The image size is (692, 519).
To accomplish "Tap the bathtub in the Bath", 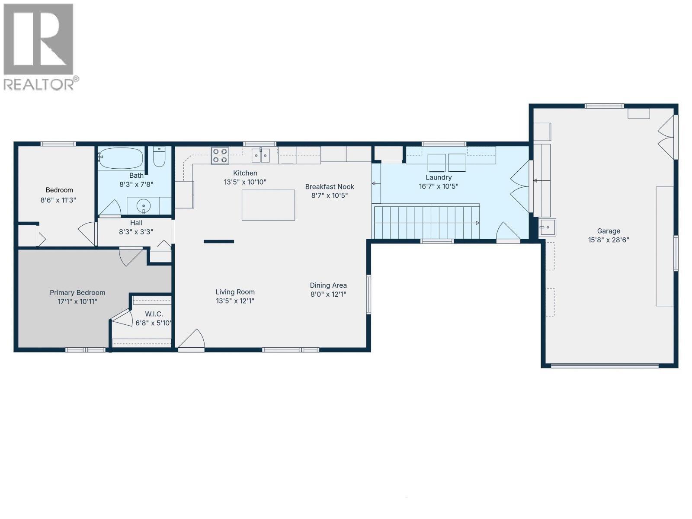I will tap(121, 158).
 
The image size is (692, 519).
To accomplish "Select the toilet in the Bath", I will tap(159, 157).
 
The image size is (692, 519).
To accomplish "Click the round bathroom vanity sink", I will tap(144, 205).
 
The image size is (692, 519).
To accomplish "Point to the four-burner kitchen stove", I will tap(220, 156).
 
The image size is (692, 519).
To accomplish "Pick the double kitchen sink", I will tap(261, 155).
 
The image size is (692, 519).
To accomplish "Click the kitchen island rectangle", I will tap(268, 205).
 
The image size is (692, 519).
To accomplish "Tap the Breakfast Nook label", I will tap(330, 187).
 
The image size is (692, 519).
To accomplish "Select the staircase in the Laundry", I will tap(426, 222).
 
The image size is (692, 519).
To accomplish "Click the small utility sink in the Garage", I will tap(548, 227).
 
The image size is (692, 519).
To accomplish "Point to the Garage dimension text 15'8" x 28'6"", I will tap(609, 240).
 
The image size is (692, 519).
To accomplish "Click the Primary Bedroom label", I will tap(77, 293).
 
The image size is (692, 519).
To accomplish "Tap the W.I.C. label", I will tap(154, 314).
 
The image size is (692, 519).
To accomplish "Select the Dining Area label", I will tap(328, 285).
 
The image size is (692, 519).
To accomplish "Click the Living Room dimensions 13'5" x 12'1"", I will tap(235, 301).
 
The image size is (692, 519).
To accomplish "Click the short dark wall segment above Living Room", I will tap(219, 241).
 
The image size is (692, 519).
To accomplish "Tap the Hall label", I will tap(136, 223).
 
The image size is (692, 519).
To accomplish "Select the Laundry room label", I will tap(439, 177).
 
